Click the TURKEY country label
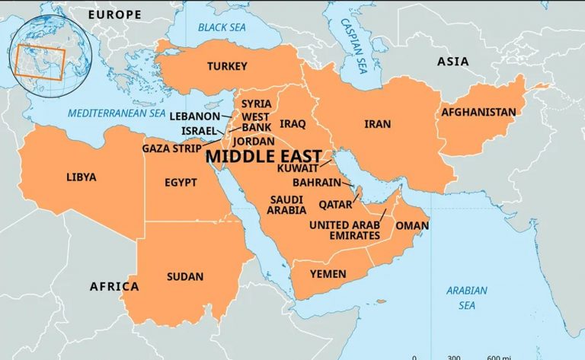click(x=227, y=67)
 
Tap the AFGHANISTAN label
click(x=478, y=113)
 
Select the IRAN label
click(x=378, y=123)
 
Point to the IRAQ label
click(x=292, y=123)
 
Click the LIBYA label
click(x=82, y=177)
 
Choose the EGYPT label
click(x=181, y=183)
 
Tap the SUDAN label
click(x=185, y=276)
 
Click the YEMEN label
click(x=328, y=274)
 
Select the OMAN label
click(x=411, y=226)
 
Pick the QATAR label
click(x=335, y=204)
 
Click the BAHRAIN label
click(x=318, y=183)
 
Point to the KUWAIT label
click(x=298, y=167)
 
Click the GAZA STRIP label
click(x=171, y=148)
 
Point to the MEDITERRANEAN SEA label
click(x=117, y=113)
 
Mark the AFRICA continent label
click(x=114, y=287)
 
